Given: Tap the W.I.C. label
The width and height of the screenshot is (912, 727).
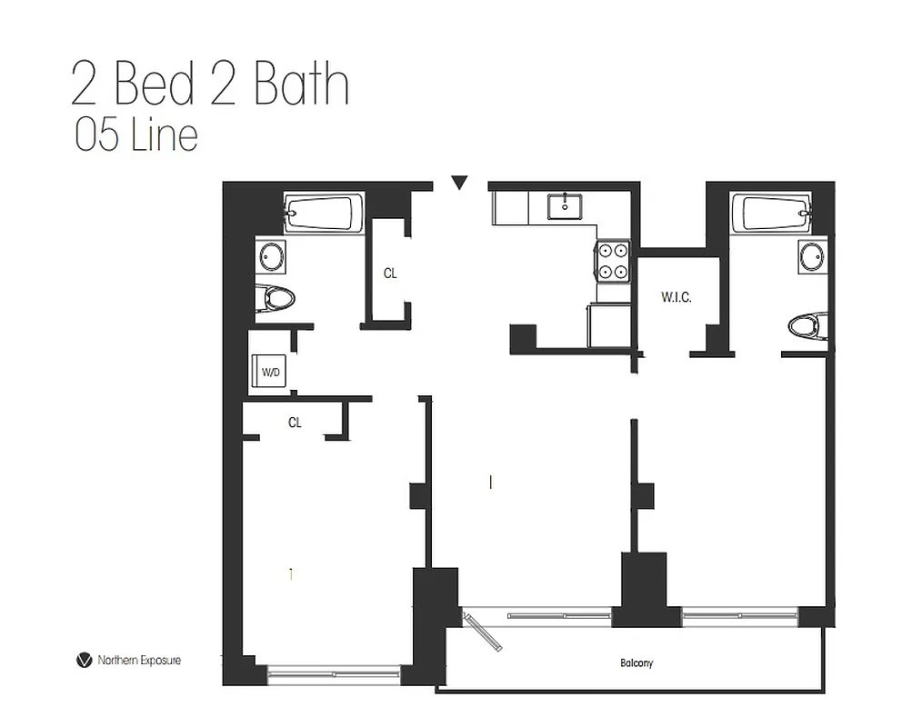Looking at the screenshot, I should [676, 296].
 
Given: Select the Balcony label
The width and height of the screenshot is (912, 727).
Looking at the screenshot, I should [637, 663].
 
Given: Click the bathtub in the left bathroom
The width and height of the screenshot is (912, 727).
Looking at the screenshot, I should [321, 214].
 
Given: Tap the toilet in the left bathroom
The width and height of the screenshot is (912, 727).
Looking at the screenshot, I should [276, 298].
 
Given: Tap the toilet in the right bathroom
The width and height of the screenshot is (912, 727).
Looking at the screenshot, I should [807, 325].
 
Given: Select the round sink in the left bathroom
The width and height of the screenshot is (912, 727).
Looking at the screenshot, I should [270, 255].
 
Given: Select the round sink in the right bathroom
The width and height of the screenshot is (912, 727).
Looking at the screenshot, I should [813, 255].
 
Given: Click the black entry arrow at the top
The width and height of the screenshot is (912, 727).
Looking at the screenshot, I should [460, 183].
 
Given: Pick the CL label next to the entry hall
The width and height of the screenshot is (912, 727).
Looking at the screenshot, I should [390, 273].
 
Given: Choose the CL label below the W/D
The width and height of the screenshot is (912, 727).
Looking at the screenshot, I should [295, 423].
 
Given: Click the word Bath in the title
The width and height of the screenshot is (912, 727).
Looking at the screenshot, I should [301, 85].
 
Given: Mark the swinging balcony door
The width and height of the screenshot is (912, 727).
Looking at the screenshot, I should [483, 631].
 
